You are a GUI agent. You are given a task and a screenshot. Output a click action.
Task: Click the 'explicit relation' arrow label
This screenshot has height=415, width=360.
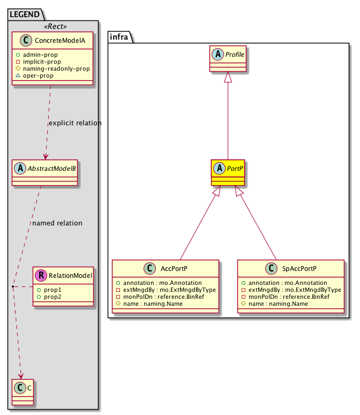pos(74,123)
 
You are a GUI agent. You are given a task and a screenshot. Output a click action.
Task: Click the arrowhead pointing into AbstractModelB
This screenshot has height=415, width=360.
pos(46,156)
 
